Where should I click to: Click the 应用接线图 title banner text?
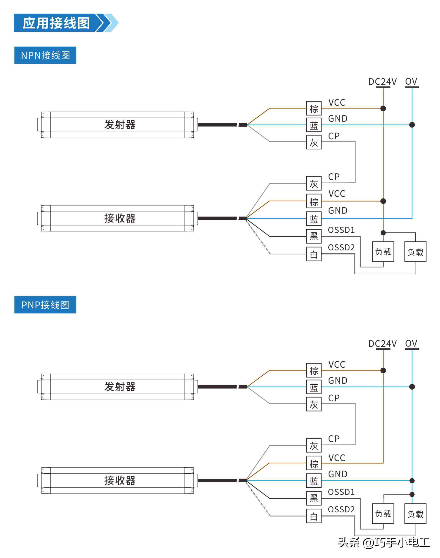(56, 23)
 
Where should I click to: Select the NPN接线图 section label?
(45, 55)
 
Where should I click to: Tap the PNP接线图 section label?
(45, 305)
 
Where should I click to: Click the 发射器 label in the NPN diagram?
(120, 125)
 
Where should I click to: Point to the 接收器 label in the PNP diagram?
(120, 480)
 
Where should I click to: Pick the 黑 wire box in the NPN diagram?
(313, 236)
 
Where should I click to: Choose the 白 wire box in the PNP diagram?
(313, 516)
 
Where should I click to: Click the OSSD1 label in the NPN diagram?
(341, 230)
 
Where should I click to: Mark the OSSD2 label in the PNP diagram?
(341, 510)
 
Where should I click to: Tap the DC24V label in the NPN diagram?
(382, 82)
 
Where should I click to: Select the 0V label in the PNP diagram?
(411, 344)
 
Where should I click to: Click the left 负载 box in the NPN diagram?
(383, 252)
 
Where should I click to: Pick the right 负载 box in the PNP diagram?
(415, 514)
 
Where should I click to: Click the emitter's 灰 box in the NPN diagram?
(313, 142)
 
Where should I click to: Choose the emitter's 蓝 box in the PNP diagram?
(313, 387)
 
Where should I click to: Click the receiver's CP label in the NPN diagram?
(334, 177)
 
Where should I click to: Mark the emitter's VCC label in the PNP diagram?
(337, 365)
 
